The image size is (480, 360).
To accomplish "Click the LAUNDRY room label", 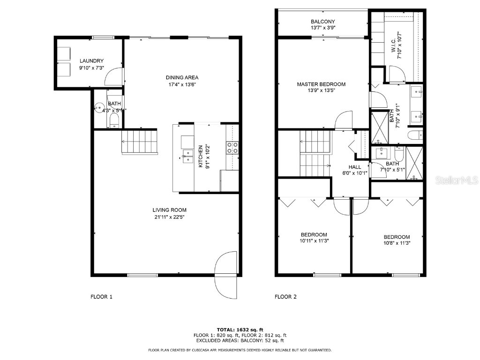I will point(91,61).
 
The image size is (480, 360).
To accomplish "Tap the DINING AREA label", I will point(182,77).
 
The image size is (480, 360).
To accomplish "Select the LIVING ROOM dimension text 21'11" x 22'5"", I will point(169,217).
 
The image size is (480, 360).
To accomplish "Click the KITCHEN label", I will point(200,157).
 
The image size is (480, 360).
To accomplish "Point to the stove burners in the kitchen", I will point(232,148).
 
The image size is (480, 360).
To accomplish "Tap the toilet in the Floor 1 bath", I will point(114,121).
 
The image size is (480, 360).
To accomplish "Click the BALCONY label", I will point(323,22).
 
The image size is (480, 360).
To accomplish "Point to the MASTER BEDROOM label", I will point(321,84).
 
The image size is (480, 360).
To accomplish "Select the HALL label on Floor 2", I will point(354,167).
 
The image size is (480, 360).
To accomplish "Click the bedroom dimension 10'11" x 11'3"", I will point(314,242).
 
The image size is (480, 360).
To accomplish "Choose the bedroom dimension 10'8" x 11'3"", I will point(396,243).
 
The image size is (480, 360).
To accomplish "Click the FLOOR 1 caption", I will point(101,297).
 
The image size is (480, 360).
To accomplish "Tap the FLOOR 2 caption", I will point(285,297).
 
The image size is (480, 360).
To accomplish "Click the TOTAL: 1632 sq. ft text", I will point(240,330).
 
